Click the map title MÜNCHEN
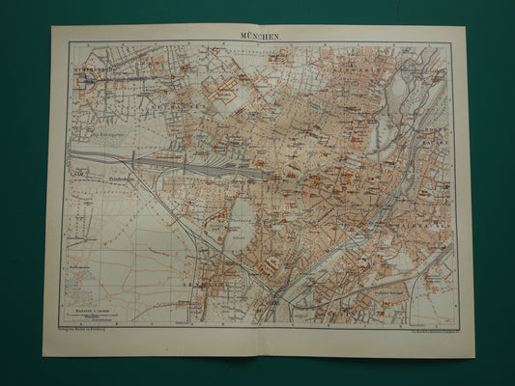[258, 36]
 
